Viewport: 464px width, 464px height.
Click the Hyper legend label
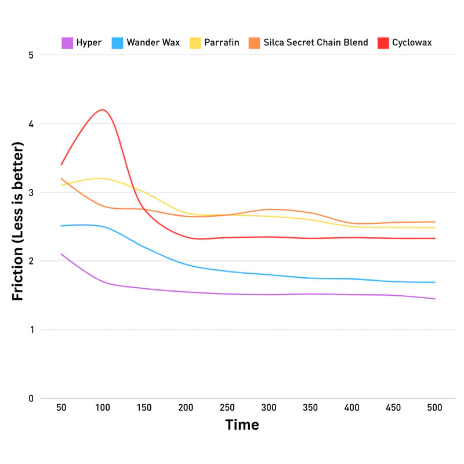[x=89, y=42]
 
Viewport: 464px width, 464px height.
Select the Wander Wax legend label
[x=154, y=42]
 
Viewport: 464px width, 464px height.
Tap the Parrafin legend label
[x=222, y=42]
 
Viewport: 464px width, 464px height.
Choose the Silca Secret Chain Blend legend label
[x=316, y=42]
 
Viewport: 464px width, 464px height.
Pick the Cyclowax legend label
[x=412, y=42]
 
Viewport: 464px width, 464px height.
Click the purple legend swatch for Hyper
[x=67, y=42]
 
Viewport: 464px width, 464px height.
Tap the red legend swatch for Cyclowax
[x=383, y=42]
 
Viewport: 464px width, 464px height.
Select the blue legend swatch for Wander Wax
[x=117, y=42]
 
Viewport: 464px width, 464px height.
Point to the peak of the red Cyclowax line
[x=103, y=110]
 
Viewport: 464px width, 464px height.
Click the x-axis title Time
[x=242, y=425]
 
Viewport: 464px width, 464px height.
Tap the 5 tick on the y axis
[x=31, y=55]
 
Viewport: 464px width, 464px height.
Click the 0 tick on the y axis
[x=31, y=398]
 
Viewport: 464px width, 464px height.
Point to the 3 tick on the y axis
[x=31, y=193]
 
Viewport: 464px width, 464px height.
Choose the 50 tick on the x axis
[x=61, y=408]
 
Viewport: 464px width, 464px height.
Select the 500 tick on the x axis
[x=434, y=408]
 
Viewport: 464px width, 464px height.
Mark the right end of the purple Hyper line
[x=434, y=299]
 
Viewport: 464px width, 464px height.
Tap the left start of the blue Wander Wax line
[x=61, y=226]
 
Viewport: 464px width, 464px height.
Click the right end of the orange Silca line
[x=434, y=222]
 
